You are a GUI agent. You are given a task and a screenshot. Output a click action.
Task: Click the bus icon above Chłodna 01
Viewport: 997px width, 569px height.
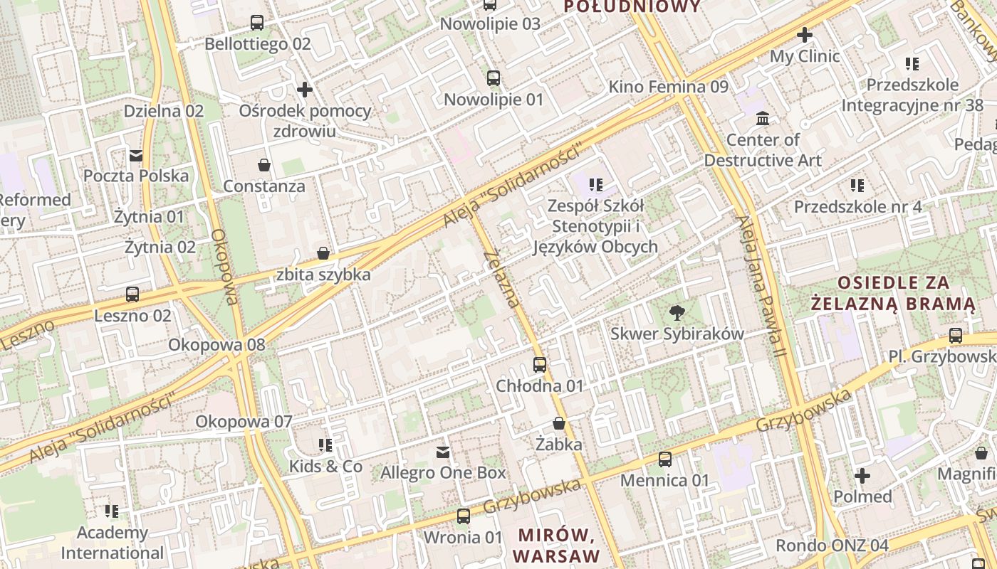(x=540, y=365)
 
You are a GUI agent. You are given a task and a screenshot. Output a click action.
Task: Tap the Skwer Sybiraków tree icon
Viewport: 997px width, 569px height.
(x=677, y=312)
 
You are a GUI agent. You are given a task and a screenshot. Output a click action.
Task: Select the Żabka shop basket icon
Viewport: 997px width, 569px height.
(x=559, y=423)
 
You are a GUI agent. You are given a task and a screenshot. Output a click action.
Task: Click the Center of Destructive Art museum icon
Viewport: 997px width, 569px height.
(x=763, y=118)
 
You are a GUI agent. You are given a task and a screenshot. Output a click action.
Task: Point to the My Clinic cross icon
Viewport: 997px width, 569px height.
(x=805, y=34)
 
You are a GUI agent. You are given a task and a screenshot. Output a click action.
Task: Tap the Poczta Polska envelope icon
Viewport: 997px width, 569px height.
(x=135, y=155)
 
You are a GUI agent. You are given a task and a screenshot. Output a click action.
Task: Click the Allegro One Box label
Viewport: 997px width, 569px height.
(x=443, y=472)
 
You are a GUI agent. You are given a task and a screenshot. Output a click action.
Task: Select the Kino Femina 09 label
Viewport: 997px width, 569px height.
(x=668, y=87)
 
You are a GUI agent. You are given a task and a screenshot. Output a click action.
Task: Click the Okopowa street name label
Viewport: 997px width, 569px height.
(x=224, y=267)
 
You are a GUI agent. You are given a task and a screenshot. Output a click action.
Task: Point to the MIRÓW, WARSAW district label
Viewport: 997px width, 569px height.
(x=558, y=545)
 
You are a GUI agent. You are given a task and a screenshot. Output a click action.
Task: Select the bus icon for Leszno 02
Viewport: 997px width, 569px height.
(x=132, y=294)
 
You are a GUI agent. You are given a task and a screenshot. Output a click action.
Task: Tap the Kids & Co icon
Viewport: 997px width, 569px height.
(x=325, y=445)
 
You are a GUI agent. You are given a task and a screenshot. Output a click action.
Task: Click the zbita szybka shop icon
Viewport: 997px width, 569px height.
(x=323, y=253)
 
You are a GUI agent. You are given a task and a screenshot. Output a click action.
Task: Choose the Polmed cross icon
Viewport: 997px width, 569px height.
(x=862, y=475)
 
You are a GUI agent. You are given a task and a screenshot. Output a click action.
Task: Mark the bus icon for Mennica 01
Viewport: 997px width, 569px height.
(x=665, y=459)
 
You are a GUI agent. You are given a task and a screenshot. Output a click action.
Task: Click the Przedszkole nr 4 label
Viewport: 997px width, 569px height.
(x=857, y=207)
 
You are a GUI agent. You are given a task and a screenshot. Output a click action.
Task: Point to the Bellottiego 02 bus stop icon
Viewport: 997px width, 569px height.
(x=257, y=23)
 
